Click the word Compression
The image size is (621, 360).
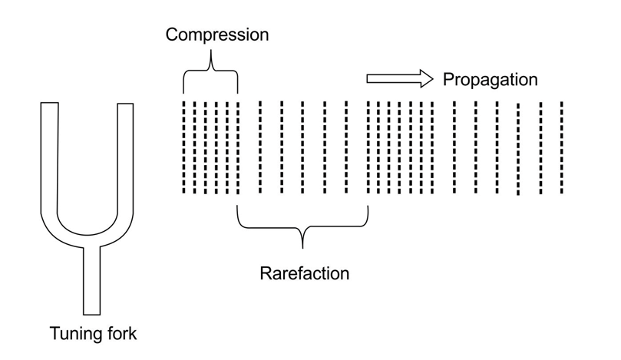click(x=218, y=35)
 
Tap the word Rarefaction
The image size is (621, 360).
click(x=304, y=273)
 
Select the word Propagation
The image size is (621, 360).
click(x=490, y=79)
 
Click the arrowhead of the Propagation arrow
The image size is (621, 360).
click(x=426, y=78)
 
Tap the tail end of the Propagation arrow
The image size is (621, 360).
click(x=369, y=78)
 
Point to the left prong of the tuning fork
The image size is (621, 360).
click(x=51, y=154)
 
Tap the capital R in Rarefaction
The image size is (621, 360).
click(x=265, y=273)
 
